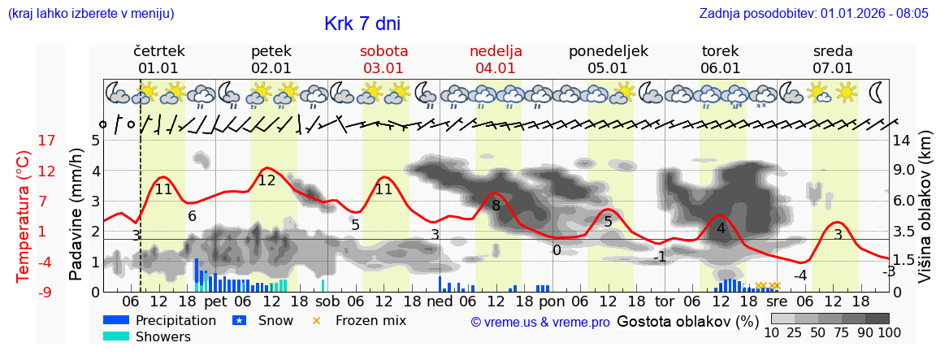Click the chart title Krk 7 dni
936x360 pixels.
362,24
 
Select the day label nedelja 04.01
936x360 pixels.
496,59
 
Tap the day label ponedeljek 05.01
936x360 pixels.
608,59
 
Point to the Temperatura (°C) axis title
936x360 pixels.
24,215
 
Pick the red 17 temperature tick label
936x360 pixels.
24,141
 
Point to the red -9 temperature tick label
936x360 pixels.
24,292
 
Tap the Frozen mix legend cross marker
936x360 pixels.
317,321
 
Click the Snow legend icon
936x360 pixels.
239,321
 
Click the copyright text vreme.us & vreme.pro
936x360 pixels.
540,322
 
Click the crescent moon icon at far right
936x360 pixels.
877,92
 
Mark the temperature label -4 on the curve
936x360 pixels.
800,275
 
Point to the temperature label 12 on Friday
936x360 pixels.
266,180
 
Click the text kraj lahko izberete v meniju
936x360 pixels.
91,14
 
